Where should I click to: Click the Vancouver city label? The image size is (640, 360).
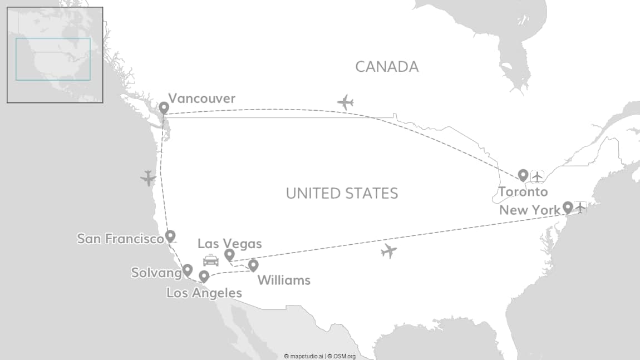click(x=201, y=99)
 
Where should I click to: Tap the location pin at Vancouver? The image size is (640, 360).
click(x=164, y=108)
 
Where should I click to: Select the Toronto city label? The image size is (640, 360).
click(x=523, y=193)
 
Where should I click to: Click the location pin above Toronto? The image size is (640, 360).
click(x=523, y=175)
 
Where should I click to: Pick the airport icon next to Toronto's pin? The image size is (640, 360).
click(x=537, y=176)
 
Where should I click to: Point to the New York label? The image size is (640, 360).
click(x=530, y=210)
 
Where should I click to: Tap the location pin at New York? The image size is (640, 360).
click(x=568, y=208)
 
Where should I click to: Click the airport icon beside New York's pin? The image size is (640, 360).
click(x=580, y=208)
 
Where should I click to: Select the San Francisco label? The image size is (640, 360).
click(x=120, y=239)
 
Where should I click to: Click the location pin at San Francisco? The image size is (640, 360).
click(x=170, y=236)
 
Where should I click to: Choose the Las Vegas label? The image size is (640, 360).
click(x=229, y=244)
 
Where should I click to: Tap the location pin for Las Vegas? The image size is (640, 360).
click(x=229, y=255)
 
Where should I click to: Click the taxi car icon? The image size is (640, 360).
click(x=211, y=260)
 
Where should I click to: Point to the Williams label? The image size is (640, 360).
click(x=284, y=280)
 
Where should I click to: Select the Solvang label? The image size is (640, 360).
click(x=156, y=273)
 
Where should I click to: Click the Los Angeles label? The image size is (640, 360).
click(x=204, y=293)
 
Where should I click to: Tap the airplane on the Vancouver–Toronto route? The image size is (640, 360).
click(x=346, y=102)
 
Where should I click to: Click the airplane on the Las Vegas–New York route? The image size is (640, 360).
click(x=389, y=251)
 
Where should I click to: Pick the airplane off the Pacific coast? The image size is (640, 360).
click(x=148, y=178)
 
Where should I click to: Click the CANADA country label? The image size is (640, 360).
click(x=387, y=67)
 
